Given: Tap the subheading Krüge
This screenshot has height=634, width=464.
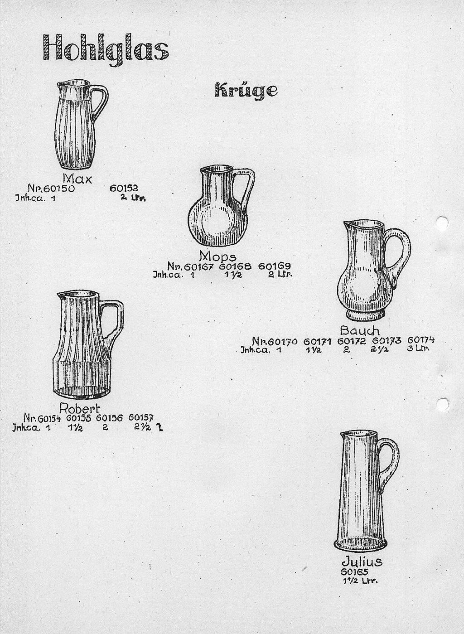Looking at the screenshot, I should click(246, 90).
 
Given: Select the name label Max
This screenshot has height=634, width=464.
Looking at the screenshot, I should click(77, 178).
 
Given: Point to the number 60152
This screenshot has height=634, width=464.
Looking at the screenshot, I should click(124, 188).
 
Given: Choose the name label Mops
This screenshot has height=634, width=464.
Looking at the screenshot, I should click(217, 256).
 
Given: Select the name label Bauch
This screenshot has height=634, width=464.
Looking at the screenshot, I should click(359, 330).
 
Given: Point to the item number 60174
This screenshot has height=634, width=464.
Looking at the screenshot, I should click(421, 340).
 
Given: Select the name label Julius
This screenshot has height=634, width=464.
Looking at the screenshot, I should click(362, 561).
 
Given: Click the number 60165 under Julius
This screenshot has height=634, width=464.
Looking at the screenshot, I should click(355, 572).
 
